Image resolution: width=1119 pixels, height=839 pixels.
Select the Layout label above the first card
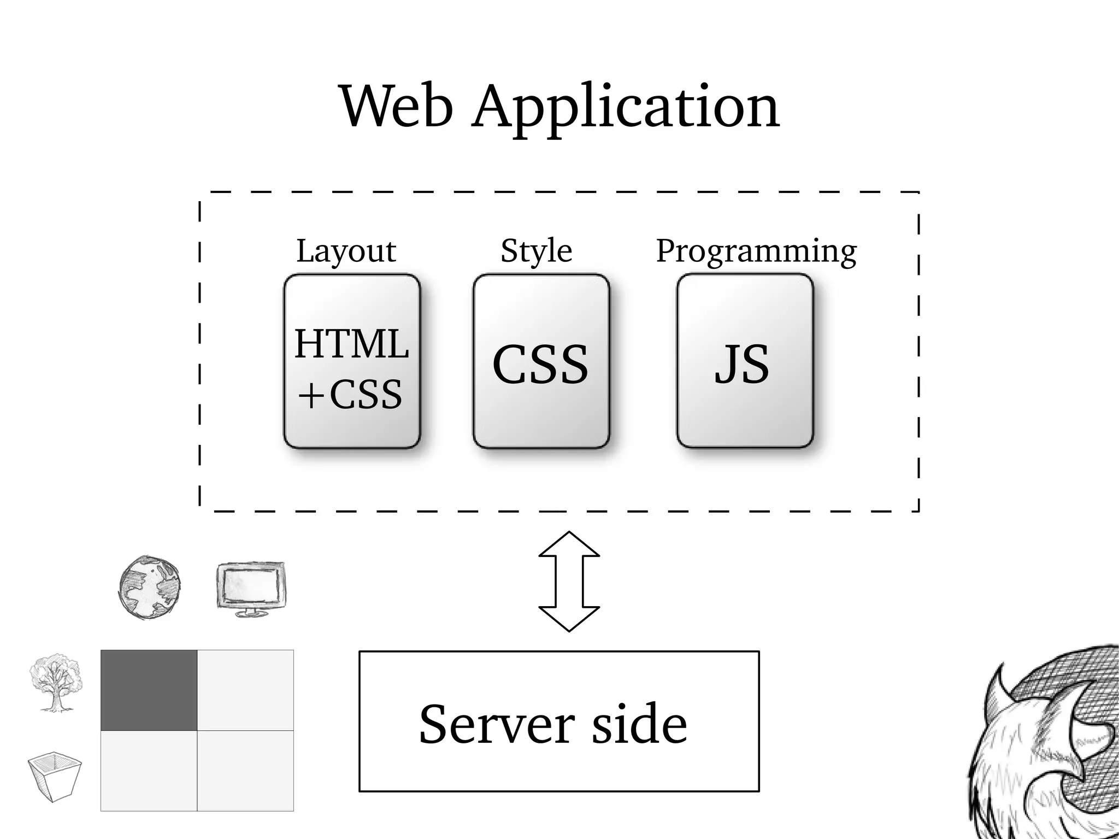[x=346, y=251]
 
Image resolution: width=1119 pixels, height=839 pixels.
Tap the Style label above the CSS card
[x=536, y=251]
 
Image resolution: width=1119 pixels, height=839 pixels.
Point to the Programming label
[x=756, y=251]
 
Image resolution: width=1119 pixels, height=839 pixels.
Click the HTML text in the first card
[x=351, y=344]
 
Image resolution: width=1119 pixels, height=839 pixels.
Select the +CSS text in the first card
[x=350, y=395]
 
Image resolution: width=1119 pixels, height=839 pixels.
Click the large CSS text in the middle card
[x=540, y=365]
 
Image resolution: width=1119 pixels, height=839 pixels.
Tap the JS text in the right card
[x=742, y=365]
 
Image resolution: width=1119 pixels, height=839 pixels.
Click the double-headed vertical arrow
[x=569, y=581]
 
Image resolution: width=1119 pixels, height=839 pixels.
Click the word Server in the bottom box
[x=497, y=724]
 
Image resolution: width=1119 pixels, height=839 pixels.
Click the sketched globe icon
[x=149, y=587]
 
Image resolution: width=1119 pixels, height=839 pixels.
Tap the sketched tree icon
[x=55, y=683]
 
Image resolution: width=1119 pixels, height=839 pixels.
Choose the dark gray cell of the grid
[x=149, y=690]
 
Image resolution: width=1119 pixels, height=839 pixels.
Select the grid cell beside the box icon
[x=149, y=771]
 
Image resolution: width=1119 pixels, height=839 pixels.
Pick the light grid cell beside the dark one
[x=245, y=690]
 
